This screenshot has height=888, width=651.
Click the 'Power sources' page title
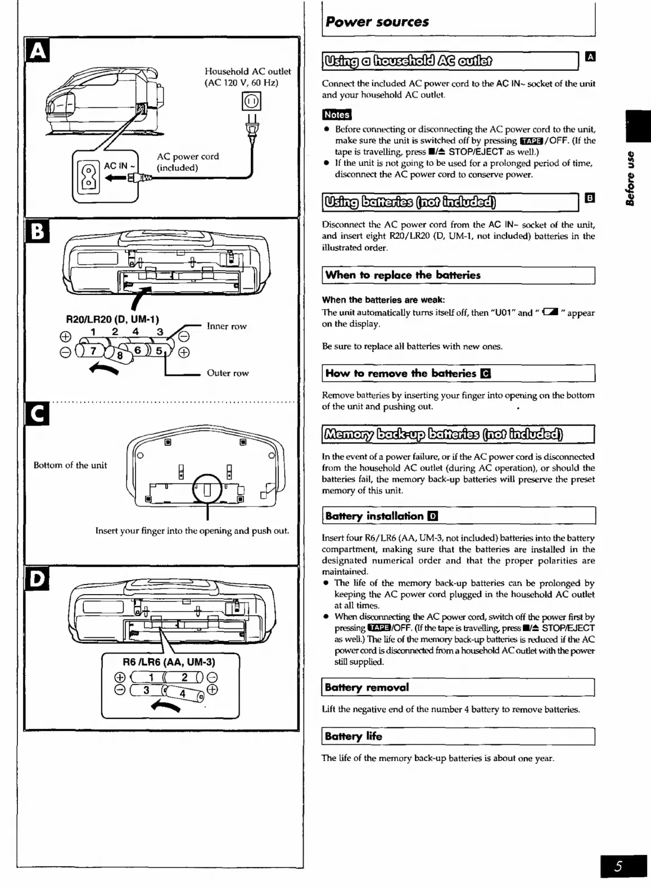[377, 22]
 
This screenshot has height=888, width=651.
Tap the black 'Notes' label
[336, 115]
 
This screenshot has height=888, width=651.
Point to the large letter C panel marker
[38, 415]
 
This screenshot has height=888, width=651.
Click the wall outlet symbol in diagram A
[251, 102]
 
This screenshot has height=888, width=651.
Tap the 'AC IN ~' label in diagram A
[119, 166]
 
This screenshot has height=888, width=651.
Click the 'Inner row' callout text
[227, 326]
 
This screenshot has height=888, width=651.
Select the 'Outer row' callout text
[227, 373]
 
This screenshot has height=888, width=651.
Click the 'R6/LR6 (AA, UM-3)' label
[169, 662]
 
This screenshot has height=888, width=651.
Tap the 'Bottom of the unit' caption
[70, 465]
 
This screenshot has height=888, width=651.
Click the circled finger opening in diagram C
[207, 490]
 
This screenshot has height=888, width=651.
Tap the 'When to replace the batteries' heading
[403, 275]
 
